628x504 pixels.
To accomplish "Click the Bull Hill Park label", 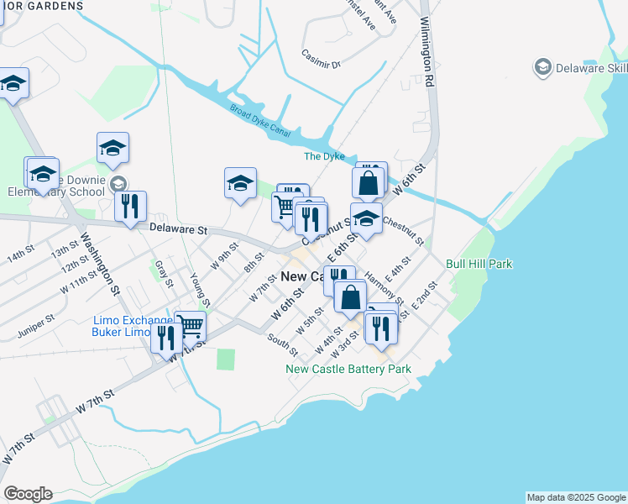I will pyautogui.click(x=479, y=264).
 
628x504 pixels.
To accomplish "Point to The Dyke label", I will pyautogui.click(x=324, y=156).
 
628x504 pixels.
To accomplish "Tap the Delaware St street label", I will pyautogui.click(x=178, y=228).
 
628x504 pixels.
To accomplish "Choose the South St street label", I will pyautogui.click(x=283, y=344).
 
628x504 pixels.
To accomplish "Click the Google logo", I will pyautogui.click(x=28, y=494).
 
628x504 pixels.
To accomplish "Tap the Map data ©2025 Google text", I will pyautogui.click(x=575, y=497).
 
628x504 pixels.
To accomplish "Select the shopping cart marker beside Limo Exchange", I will pyautogui.click(x=191, y=326).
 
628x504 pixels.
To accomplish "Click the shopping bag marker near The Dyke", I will pyautogui.click(x=368, y=181).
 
